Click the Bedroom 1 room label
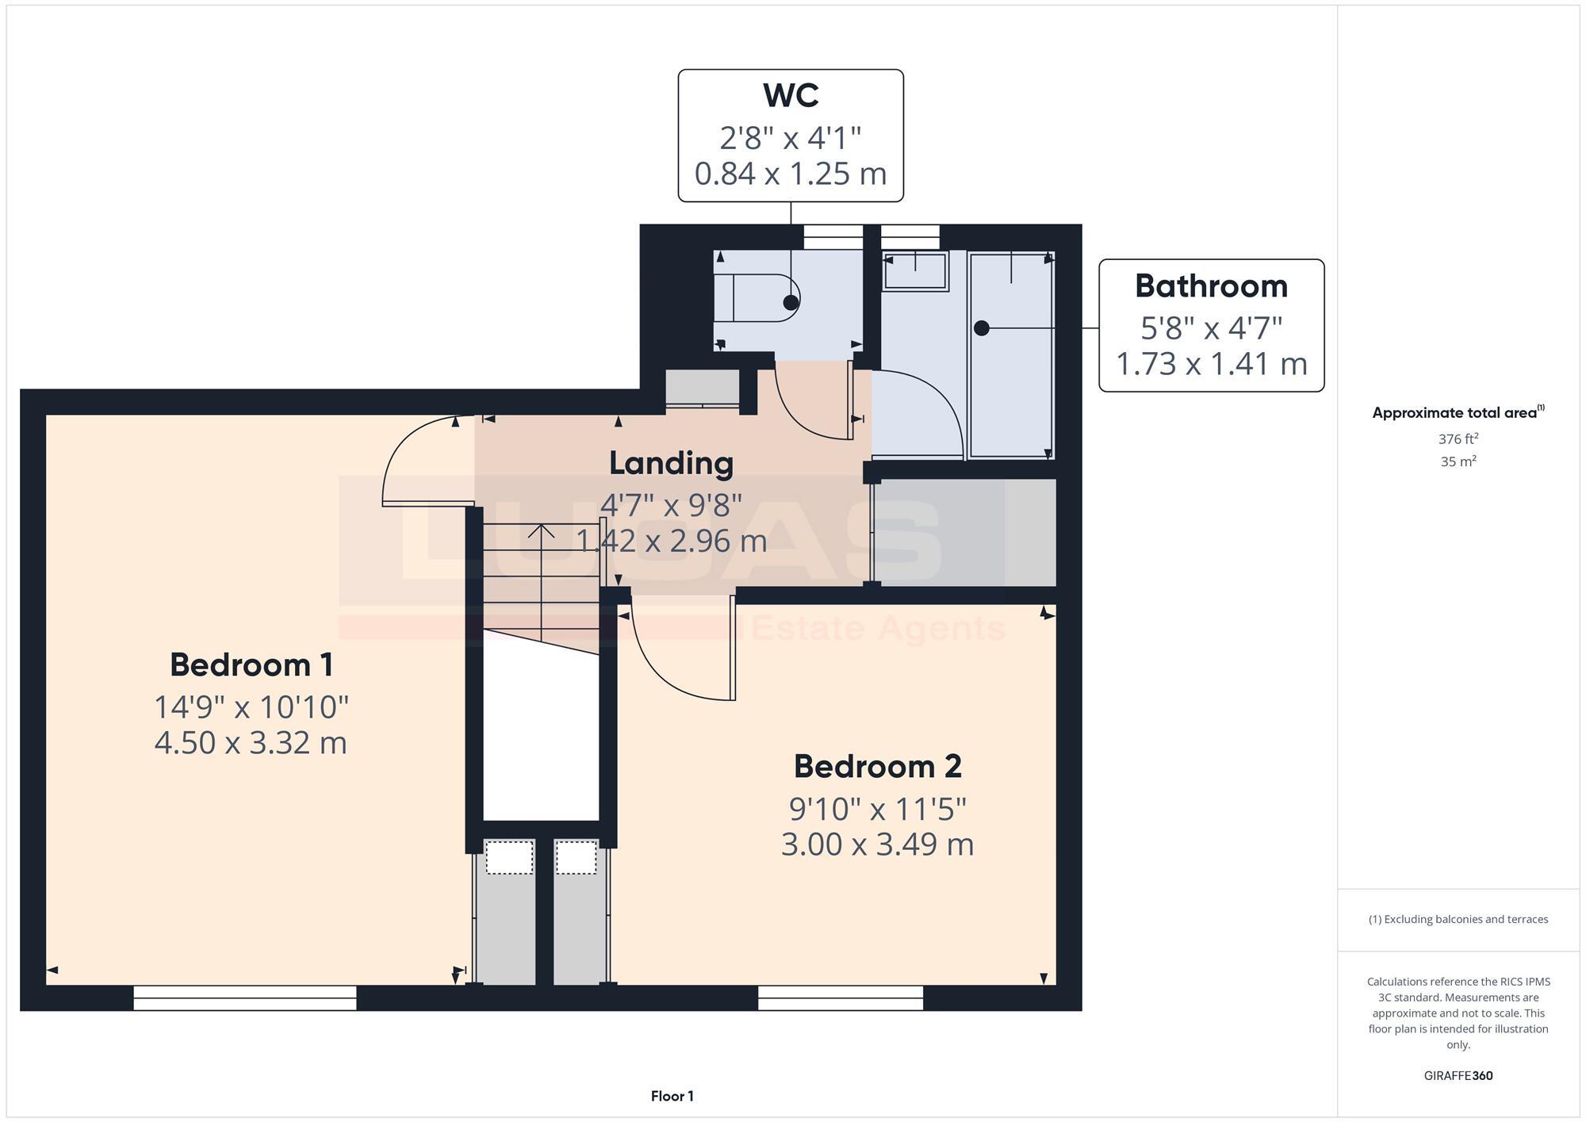point(251,664)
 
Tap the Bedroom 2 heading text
point(877,766)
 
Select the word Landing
point(671,463)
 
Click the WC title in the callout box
point(790,96)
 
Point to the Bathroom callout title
point(1211,286)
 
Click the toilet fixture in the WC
point(757,298)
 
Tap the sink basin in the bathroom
point(915,271)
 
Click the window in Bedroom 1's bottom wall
point(244,998)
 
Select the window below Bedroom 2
point(840,998)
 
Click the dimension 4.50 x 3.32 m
point(251,743)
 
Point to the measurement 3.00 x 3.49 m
point(877,844)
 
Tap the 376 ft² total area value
point(1458,438)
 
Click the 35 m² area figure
point(1458,461)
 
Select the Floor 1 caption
point(672,1096)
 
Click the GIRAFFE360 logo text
point(1458,1075)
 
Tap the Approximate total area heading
point(1458,412)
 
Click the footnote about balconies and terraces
point(1458,919)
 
